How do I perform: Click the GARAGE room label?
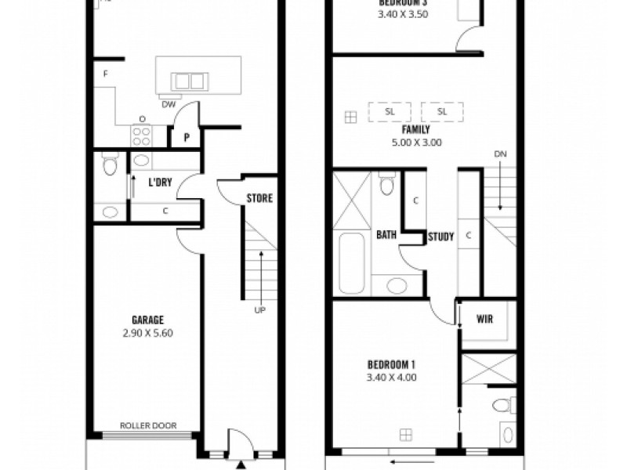point(147,320)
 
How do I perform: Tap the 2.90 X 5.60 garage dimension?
point(147,332)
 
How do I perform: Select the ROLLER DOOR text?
point(147,426)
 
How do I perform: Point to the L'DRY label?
point(160,183)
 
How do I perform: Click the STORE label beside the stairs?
point(259,198)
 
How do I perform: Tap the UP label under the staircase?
point(259,310)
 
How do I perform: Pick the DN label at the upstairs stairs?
point(500,154)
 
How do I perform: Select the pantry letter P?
point(187,138)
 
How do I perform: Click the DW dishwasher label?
point(168,104)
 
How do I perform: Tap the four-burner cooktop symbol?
point(141,136)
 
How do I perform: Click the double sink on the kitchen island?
point(189,81)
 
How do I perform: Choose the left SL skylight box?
point(390,112)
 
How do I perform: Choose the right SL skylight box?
point(442,112)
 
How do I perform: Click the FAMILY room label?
point(416,130)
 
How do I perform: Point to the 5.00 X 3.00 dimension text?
point(416,143)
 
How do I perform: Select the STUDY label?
point(440,237)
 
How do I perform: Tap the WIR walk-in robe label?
point(484,320)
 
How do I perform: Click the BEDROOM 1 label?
point(391,364)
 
